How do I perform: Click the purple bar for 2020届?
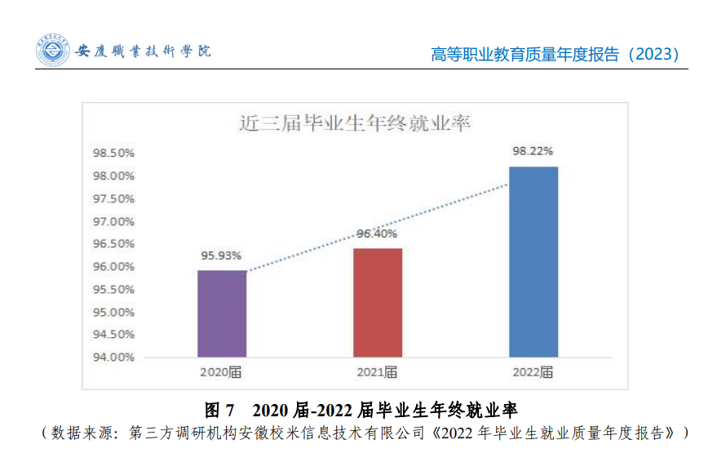coord(222,313)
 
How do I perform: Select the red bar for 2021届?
coord(377,302)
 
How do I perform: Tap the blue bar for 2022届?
coord(533,261)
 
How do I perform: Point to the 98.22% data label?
coord(533,151)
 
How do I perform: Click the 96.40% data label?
coord(377,234)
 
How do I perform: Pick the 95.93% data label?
coord(222,255)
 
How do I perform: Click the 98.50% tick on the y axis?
coord(113,153)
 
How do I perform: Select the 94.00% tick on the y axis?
coord(113,357)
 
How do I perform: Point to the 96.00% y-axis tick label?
coord(113,266)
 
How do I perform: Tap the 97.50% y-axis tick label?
coord(113,198)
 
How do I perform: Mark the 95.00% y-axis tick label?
coord(113,312)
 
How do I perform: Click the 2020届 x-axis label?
coord(221,372)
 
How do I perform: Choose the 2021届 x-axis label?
coord(377,372)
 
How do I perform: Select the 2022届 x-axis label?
coord(533,372)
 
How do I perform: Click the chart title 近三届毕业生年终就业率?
coord(356,124)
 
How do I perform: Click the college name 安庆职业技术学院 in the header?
coord(143,51)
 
